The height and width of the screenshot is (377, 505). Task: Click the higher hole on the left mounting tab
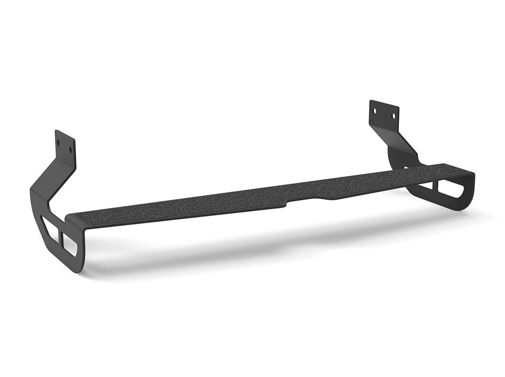(x=59, y=142)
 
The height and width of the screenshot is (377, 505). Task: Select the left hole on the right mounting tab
(x=375, y=109)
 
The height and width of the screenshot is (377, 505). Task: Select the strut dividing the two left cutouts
(x=60, y=236)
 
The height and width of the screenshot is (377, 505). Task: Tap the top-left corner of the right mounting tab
(x=370, y=101)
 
